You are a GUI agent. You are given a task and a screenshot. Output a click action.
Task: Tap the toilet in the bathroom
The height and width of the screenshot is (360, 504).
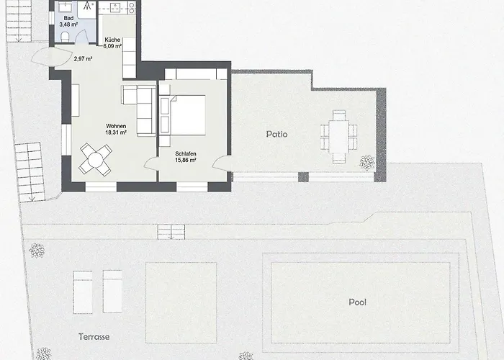point(64,37)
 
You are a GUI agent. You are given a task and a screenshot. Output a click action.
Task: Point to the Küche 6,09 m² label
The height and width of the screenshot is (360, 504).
point(112,42)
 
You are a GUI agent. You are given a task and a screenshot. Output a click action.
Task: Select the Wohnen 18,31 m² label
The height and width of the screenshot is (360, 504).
point(116,129)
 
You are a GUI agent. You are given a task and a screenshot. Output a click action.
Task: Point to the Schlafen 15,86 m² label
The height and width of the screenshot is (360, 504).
point(187,158)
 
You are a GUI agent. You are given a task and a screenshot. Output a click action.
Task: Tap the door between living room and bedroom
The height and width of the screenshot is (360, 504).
point(152,166)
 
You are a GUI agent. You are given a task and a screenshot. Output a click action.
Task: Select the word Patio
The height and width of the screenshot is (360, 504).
point(276,134)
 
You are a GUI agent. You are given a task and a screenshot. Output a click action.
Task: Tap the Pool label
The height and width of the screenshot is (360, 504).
point(357,302)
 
